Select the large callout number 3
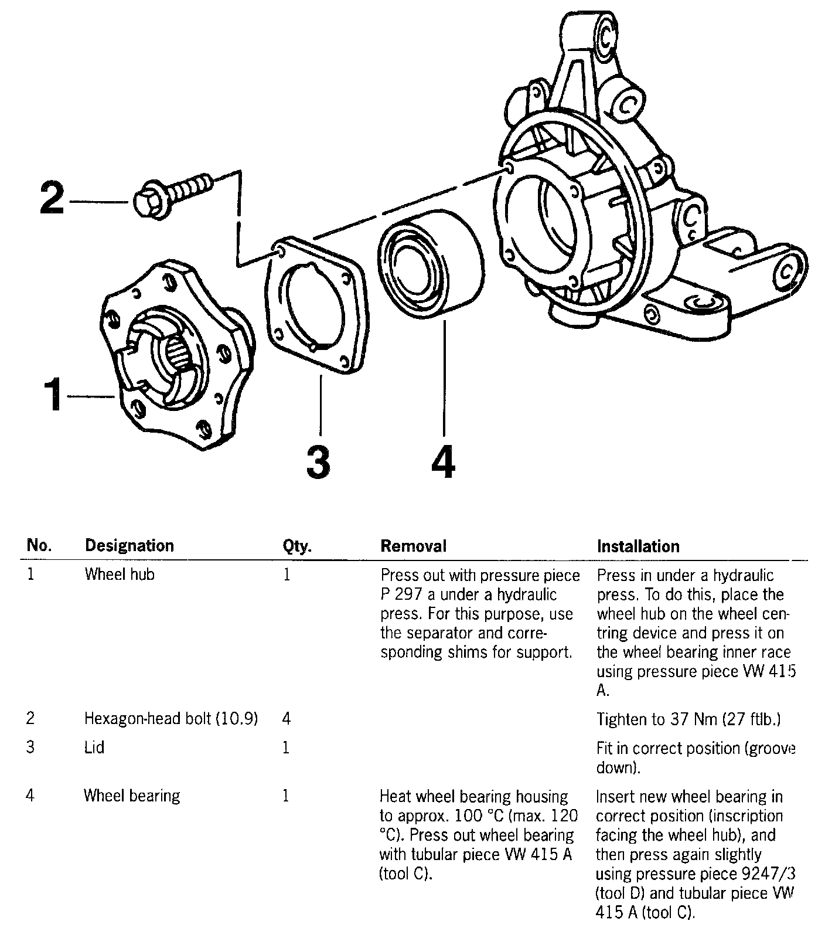(x=318, y=462)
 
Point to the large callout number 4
(x=443, y=462)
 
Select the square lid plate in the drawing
(x=316, y=305)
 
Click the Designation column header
(x=129, y=546)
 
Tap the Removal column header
(x=413, y=546)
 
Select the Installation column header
(x=638, y=546)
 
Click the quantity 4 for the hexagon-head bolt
(x=287, y=718)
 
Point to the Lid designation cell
(x=94, y=747)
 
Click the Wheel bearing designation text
(x=132, y=796)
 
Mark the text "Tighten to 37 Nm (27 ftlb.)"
(x=688, y=719)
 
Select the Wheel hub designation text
(x=120, y=575)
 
